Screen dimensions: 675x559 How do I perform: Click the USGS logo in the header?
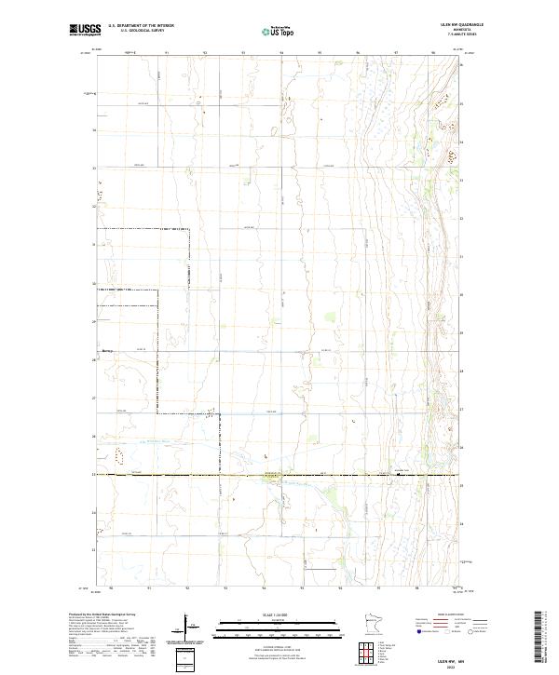tap(85, 30)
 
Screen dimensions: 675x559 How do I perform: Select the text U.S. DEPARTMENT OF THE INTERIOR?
tap(141, 26)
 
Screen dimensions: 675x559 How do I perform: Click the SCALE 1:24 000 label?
tap(279, 614)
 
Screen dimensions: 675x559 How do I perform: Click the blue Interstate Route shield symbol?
tap(418, 630)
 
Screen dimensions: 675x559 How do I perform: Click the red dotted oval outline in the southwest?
tap(118, 454)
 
